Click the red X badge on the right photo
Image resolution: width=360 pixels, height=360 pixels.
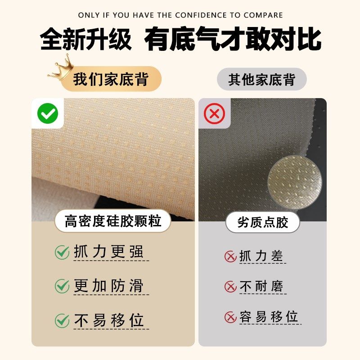[x=214, y=114]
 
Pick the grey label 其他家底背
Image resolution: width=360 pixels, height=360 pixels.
[x=261, y=80]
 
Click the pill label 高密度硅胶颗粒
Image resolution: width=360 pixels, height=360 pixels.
[x=113, y=221]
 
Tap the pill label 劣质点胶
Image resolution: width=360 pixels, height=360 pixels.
[x=262, y=222]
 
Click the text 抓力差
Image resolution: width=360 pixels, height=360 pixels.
[x=261, y=256]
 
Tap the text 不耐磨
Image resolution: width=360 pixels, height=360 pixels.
[x=261, y=286]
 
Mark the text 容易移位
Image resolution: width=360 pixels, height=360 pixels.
[x=269, y=316]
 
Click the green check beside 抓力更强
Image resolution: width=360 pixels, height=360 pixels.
[x=62, y=252]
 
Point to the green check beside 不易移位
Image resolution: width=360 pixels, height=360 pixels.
[x=62, y=321]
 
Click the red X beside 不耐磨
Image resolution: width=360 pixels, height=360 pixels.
[x=230, y=287]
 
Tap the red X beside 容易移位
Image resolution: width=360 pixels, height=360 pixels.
[x=230, y=317]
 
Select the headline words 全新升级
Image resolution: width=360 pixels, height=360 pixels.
[x=85, y=40]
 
